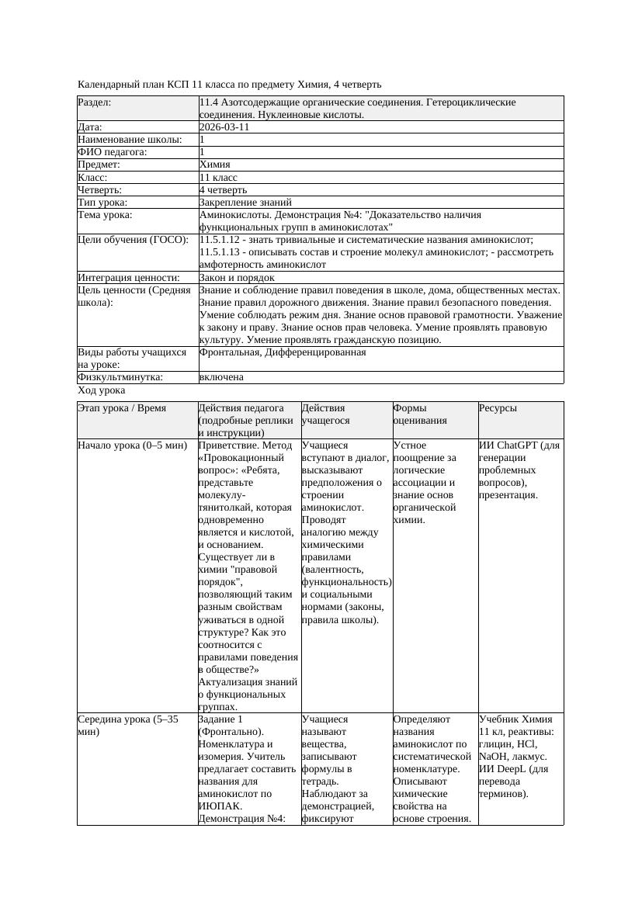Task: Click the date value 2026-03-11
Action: point(224,127)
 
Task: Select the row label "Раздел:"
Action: point(95,102)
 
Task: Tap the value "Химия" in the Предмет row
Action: point(215,165)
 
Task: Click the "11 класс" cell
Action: point(218,177)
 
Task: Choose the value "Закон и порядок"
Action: point(237,277)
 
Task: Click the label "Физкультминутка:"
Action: point(120,377)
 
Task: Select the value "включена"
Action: point(221,377)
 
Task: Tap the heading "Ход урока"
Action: point(102,391)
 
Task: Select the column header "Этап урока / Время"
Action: point(122,408)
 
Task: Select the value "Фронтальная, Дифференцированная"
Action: point(283,352)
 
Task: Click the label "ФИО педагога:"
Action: point(113,152)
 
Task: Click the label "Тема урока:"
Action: point(105,215)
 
